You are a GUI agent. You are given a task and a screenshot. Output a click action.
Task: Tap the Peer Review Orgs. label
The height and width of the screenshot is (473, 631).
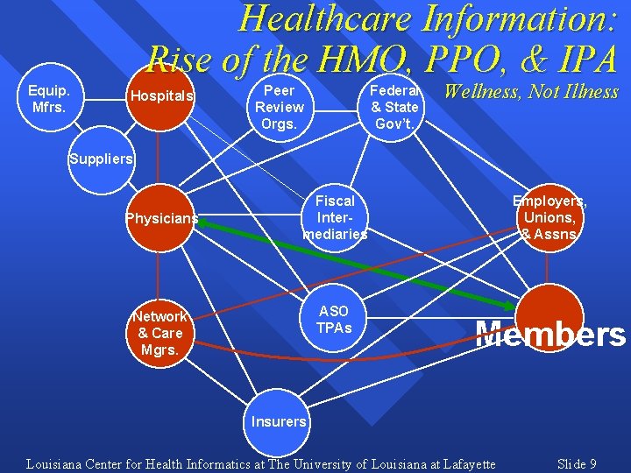[280, 107]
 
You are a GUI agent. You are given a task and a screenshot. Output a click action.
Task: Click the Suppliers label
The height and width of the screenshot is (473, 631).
[102, 159]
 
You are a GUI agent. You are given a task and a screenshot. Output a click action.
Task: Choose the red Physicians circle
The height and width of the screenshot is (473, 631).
[160, 218]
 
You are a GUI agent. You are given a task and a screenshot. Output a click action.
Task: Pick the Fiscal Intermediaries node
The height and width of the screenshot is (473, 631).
[335, 218]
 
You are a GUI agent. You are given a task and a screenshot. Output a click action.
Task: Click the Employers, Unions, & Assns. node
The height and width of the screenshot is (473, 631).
[549, 218]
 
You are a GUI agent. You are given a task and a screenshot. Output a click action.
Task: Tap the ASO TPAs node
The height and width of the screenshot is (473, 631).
[334, 319]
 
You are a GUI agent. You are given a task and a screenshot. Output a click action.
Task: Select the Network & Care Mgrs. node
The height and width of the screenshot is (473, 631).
[160, 333]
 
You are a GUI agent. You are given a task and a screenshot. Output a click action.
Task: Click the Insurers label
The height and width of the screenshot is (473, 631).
[279, 421]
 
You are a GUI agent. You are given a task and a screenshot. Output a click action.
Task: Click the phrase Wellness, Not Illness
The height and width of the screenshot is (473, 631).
[530, 91]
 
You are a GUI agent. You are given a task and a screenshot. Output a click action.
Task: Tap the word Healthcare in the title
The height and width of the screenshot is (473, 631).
[329, 19]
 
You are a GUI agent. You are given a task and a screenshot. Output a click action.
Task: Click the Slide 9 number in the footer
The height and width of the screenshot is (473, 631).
[577, 463]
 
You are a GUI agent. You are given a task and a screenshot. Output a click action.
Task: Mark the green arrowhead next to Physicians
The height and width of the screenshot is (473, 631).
[205, 223]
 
